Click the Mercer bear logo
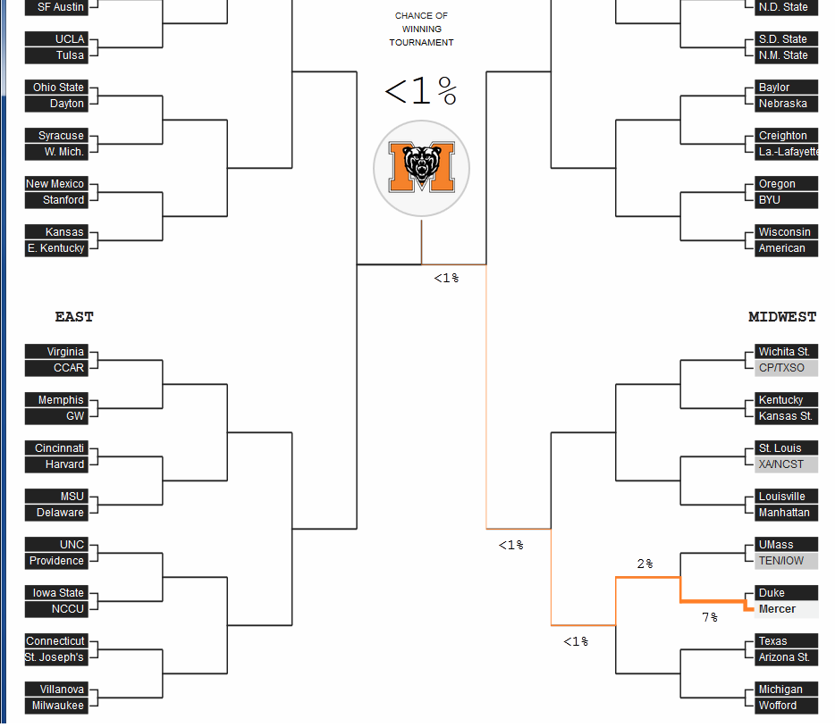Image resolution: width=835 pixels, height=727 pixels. (421, 168)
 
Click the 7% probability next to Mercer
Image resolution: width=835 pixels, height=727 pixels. (710, 617)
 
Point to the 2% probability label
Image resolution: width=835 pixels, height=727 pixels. (645, 564)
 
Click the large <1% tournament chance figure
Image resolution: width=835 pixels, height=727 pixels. (421, 91)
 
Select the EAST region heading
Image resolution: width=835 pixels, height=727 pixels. (74, 316)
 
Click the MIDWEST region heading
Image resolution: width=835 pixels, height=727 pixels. (782, 316)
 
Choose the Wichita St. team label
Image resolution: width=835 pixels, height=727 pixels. (783, 352)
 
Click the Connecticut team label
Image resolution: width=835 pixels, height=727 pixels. (55, 641)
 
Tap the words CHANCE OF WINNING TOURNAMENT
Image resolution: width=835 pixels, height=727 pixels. (421, 29)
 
